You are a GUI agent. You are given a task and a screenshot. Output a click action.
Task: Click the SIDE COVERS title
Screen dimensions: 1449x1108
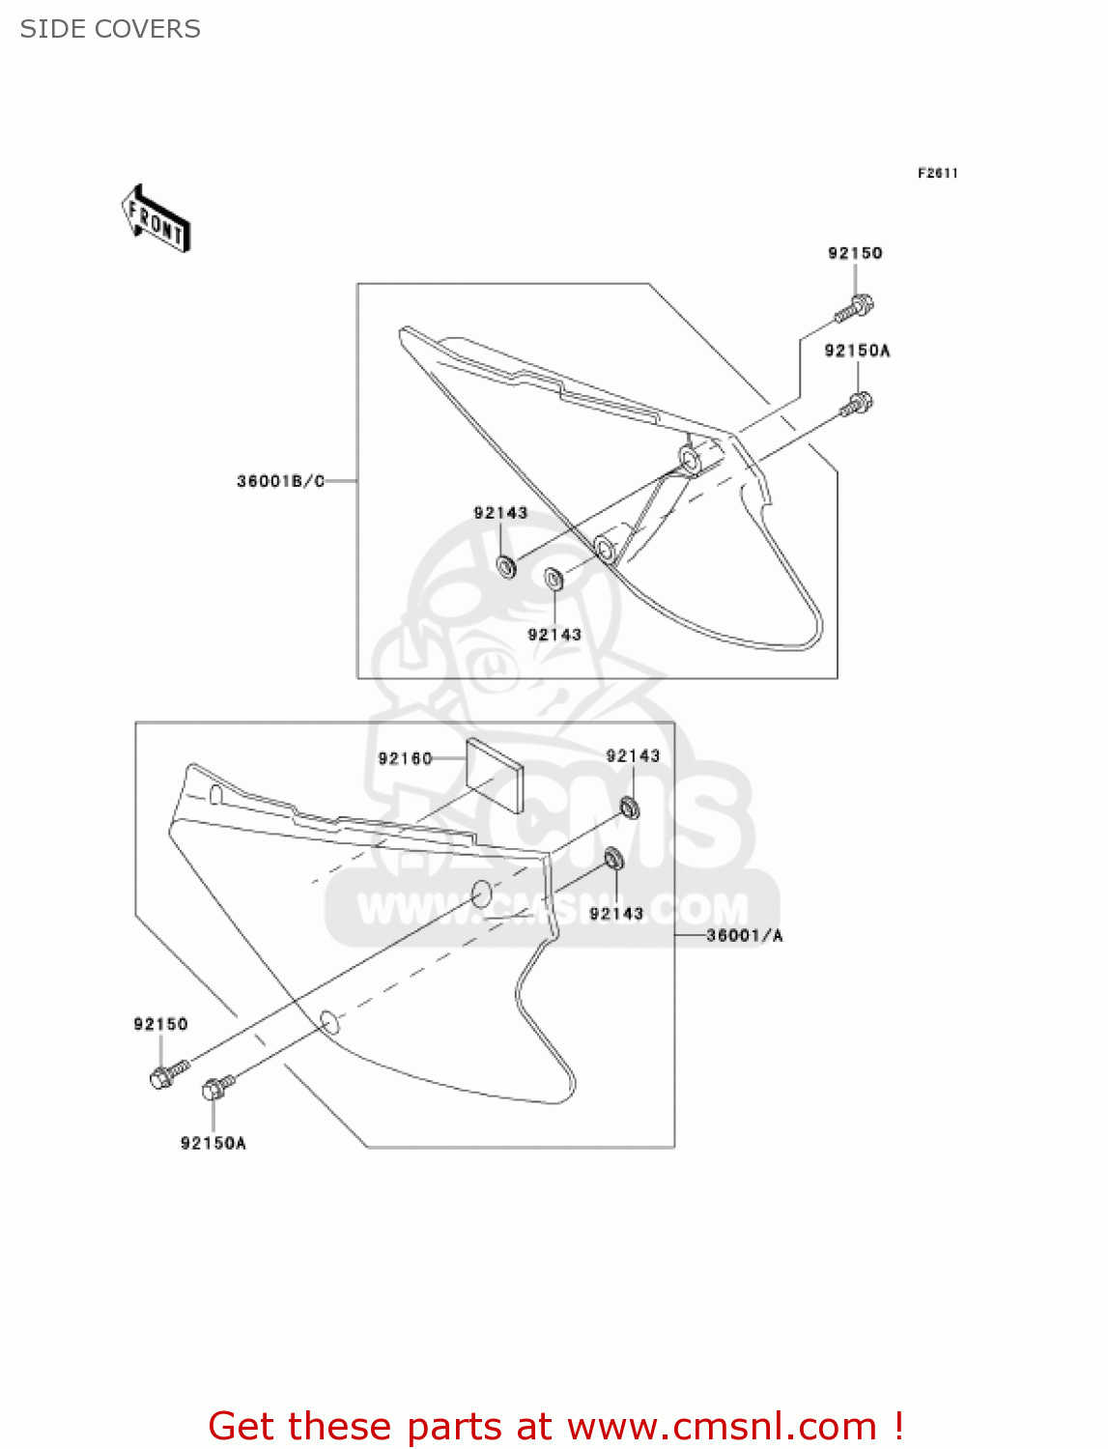110,29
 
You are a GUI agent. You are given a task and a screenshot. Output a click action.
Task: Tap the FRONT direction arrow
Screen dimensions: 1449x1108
156,219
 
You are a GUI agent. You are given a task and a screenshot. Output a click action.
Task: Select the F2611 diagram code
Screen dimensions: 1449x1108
937,173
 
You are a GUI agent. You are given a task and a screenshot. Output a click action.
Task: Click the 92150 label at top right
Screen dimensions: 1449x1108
855,253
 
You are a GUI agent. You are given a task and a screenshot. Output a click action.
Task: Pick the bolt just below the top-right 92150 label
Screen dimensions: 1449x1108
855,308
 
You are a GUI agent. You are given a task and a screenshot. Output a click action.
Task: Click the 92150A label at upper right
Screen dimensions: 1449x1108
857,351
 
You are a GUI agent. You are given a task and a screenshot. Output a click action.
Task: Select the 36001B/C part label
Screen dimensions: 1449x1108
281,481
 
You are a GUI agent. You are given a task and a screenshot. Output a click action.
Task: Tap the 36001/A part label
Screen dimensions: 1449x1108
745,935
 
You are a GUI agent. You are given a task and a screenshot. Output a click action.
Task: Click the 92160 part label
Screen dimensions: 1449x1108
405,758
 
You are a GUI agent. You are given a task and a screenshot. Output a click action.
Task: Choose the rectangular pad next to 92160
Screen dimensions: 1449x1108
495,776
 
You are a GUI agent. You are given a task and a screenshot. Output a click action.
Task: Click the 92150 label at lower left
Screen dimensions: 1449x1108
160,1024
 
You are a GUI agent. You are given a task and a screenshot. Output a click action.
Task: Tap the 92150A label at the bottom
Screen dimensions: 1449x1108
213,1144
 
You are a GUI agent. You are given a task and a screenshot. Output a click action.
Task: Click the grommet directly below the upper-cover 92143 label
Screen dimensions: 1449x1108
506,566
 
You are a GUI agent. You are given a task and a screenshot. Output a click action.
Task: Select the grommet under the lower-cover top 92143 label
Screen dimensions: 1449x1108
629,807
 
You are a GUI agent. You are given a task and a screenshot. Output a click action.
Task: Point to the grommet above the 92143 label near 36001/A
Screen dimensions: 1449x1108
613,859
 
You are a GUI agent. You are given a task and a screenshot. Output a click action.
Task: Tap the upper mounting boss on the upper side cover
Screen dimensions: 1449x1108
692,457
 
